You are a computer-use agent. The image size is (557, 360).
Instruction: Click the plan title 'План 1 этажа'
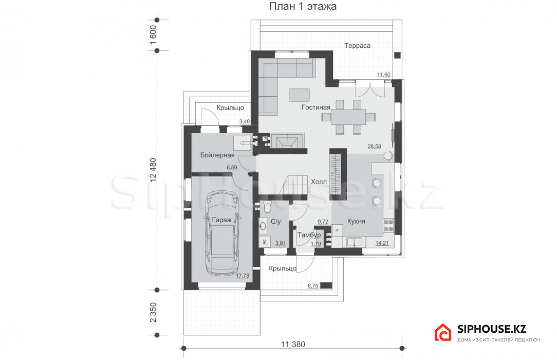(x=303, y=6)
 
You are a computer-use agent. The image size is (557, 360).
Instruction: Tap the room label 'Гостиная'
(x=316, y=107)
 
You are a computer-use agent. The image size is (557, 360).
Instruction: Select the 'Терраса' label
(x=357, y=45)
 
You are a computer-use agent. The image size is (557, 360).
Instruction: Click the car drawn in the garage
(x=221, y=233)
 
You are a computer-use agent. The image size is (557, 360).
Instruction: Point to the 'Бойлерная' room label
(x=217, y=155)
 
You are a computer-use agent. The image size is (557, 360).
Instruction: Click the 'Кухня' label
(x=356, y=221)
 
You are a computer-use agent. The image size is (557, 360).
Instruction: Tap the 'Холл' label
(x=319, y=182)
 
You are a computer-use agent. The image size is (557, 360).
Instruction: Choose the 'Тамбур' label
(x=309, y=235)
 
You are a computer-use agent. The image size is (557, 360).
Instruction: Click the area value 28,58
(x=374, y=147)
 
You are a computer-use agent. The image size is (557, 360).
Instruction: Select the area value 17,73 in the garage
(x=242, y=276)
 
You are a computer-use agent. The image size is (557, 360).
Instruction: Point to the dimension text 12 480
(x=153, y=170)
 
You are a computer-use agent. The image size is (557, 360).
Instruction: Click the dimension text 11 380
(x=293, y=344)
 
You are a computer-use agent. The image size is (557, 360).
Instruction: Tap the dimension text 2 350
(x=153, y=312)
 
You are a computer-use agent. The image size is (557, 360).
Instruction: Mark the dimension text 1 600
(x=153, y=35)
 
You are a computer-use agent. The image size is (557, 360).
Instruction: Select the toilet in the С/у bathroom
(x=267, y=205)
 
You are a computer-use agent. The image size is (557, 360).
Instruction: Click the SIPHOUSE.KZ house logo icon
(x=442, y=332)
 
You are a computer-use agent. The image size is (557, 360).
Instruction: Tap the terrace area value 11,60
(x=384, y=75)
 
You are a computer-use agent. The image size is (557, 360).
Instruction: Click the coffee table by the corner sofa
(x=299, y=95)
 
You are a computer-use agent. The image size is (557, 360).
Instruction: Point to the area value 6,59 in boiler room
(x=232, y=167)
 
